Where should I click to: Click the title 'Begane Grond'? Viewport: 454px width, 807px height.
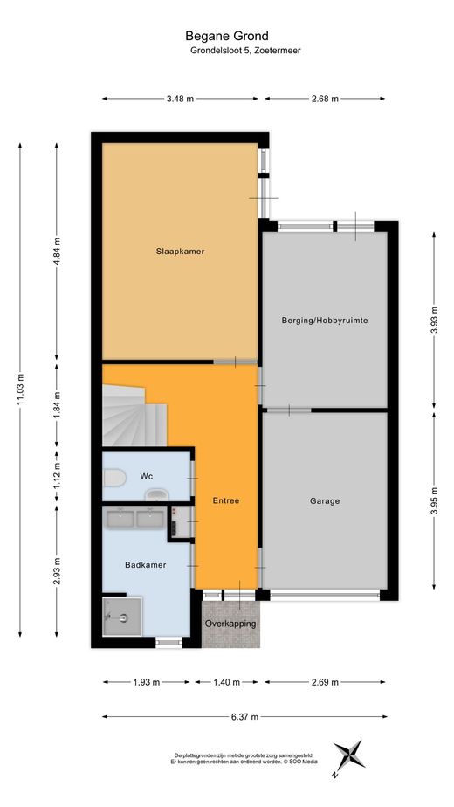tap(227, 36)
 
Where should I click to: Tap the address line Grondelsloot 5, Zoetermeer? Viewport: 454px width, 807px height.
tap(245, 51)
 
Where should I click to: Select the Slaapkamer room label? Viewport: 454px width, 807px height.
tap(180, 252)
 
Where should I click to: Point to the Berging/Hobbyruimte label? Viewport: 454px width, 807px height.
tap(325, 321)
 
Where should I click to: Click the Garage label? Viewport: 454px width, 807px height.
tap(325, 500)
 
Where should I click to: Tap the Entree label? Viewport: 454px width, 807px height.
tap(226, 500)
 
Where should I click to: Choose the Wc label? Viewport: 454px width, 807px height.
tap(146, 476)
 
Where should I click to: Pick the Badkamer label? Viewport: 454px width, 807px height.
tap(146, 564)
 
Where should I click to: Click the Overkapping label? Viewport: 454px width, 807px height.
tap(230, 624)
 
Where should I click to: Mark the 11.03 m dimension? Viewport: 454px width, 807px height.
tap(21, 389)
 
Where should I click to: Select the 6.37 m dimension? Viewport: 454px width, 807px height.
tap(245, 716)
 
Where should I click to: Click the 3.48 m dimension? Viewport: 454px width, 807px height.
tap(180, 99)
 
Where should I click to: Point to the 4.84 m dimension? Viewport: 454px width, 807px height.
tap(57, 252)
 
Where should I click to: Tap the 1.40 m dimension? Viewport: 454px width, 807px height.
tap(226, 682)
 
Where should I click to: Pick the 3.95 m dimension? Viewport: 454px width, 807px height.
tap(434, 500)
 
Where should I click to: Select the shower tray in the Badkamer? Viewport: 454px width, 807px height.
tap(121, 616)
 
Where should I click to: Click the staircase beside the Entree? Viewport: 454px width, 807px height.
tap(134, 417)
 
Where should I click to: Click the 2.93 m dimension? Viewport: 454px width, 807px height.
tap(57, 571)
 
